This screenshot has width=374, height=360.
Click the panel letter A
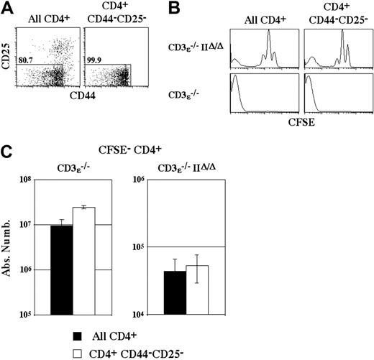point(8,9)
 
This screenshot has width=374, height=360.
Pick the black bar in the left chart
point(61,269)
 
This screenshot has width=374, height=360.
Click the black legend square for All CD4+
point(76,335)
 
